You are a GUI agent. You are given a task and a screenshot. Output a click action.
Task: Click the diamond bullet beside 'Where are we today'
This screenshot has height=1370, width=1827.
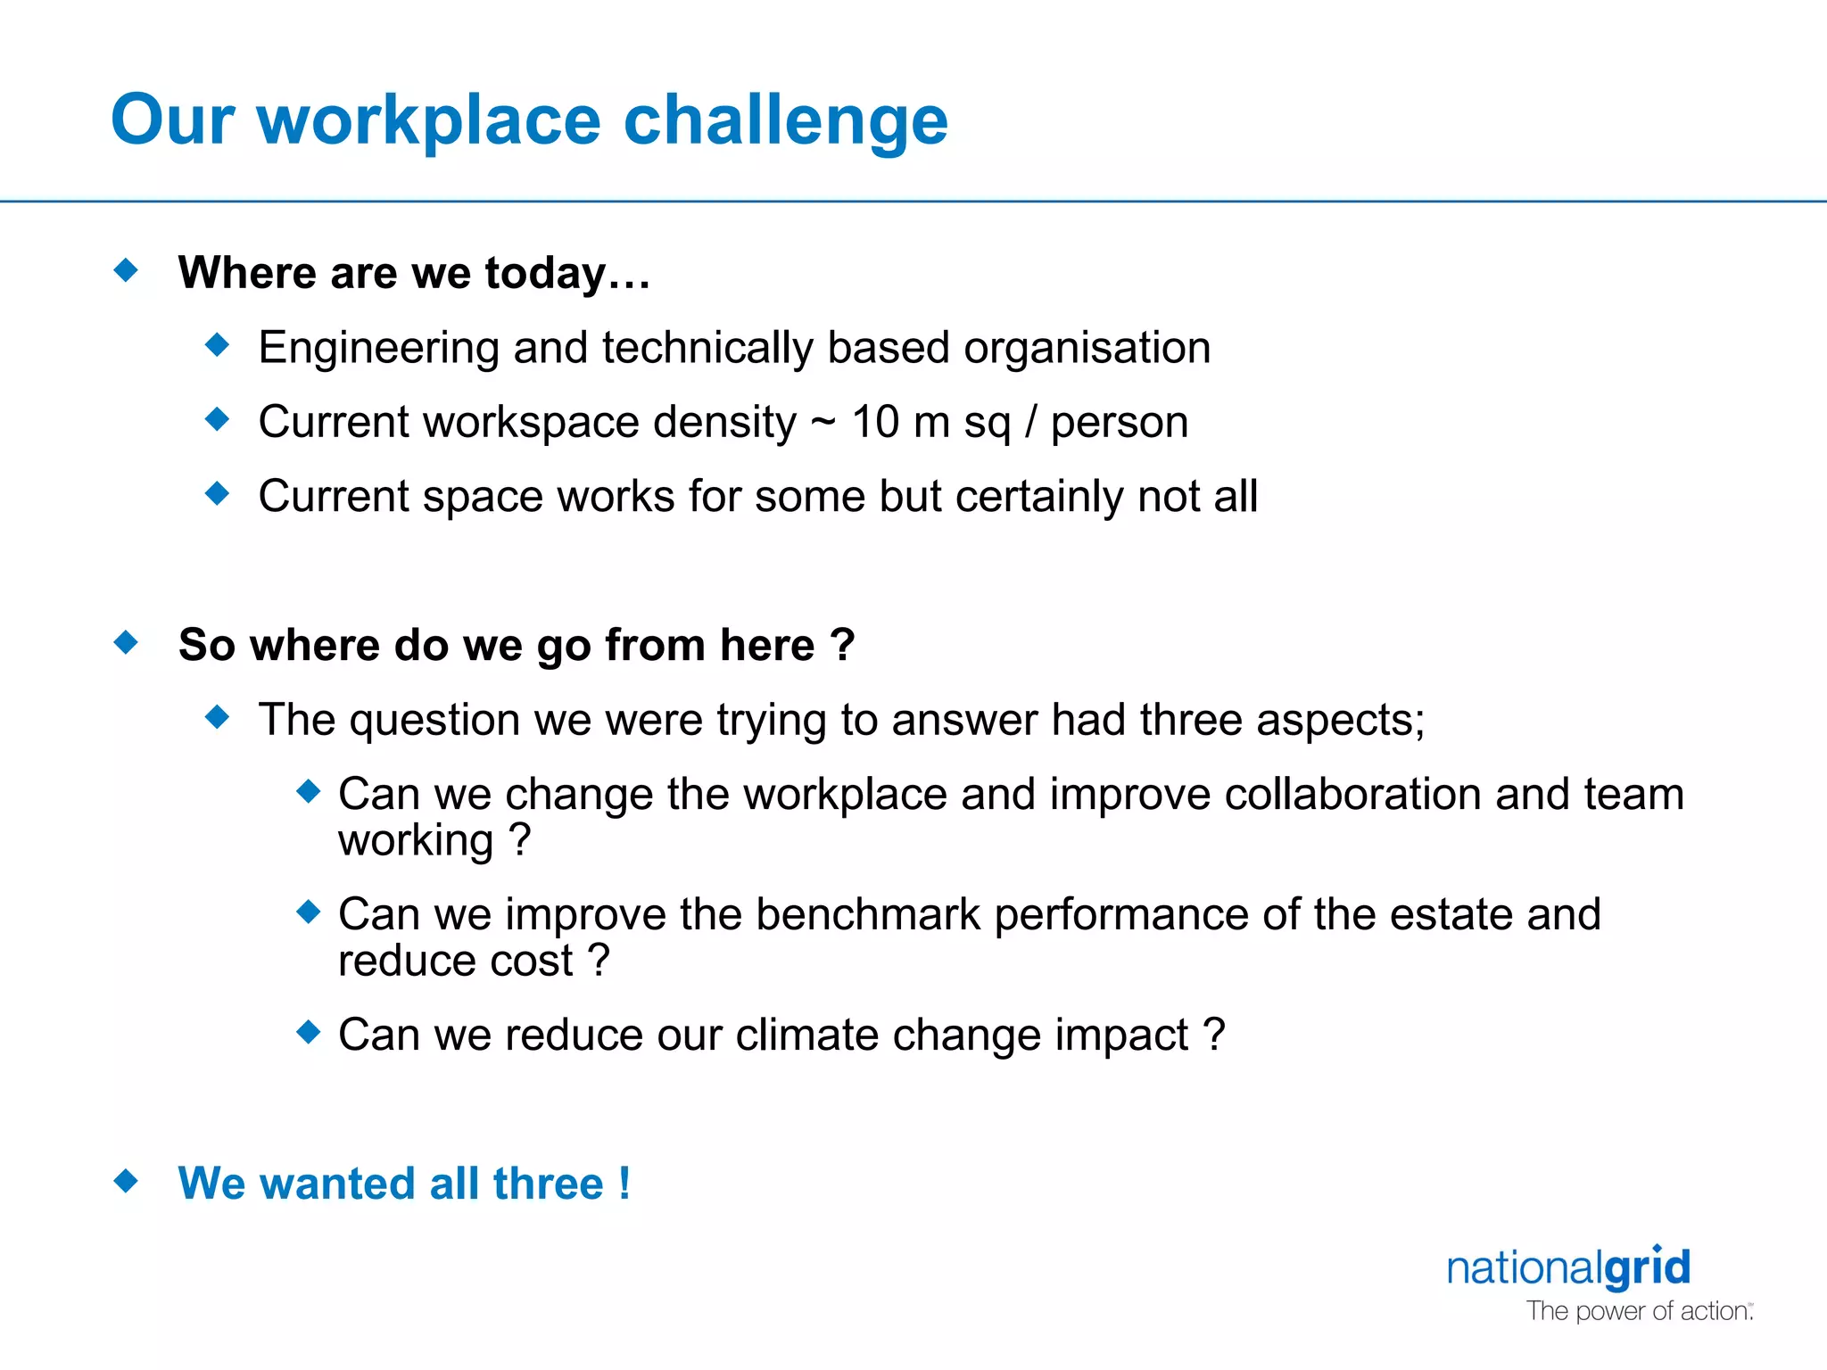click(x=127, y=269)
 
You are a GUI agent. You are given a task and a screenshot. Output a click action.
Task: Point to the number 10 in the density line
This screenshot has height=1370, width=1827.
click(x=875, y=422)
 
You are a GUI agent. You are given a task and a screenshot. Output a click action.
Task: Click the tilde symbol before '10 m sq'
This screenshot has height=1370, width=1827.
click(x=823, y=424)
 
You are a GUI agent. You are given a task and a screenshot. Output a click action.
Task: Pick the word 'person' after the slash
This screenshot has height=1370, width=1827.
click(x=1119, y=424)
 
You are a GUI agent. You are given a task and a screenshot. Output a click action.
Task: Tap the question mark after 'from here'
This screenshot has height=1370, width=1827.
click(x=842, y=644)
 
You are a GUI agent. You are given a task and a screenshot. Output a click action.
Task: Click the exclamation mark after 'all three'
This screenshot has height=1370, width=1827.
click(x=624, y=1184)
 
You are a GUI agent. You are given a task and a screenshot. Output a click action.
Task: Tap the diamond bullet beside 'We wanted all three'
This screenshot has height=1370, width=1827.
click(x=127, y=1181)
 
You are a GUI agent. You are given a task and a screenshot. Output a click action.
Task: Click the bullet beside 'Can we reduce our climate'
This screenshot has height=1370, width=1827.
click(x=309, y=1032)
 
